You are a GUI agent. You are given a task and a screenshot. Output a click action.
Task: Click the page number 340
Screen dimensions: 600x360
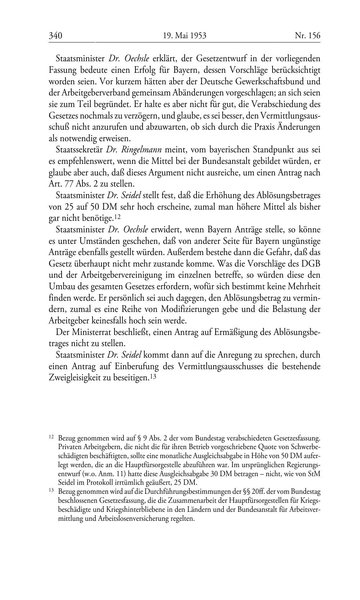click(x=55, y=36)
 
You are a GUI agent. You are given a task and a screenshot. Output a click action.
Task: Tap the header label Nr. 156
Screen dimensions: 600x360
click(x=307, y=36)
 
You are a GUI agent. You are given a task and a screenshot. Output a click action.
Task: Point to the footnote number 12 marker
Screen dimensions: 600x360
click(x=51, y=437)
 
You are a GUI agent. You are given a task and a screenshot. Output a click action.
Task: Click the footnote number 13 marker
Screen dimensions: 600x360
click(x=51, y=491)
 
